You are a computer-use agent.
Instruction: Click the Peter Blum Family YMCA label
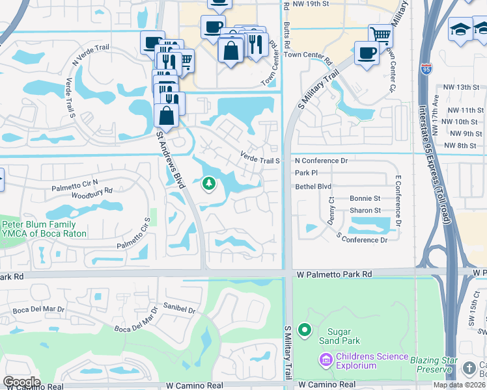click(39, 229)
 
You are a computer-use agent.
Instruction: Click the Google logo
click(21, 382)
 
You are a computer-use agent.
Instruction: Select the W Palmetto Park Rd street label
click(332, 275)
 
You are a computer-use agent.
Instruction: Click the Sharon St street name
click(365, 211)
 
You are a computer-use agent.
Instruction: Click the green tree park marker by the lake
click(208, 185)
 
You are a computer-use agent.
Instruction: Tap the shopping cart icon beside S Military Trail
click(380, 35)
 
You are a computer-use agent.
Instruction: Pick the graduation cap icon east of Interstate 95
click(460, 29)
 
